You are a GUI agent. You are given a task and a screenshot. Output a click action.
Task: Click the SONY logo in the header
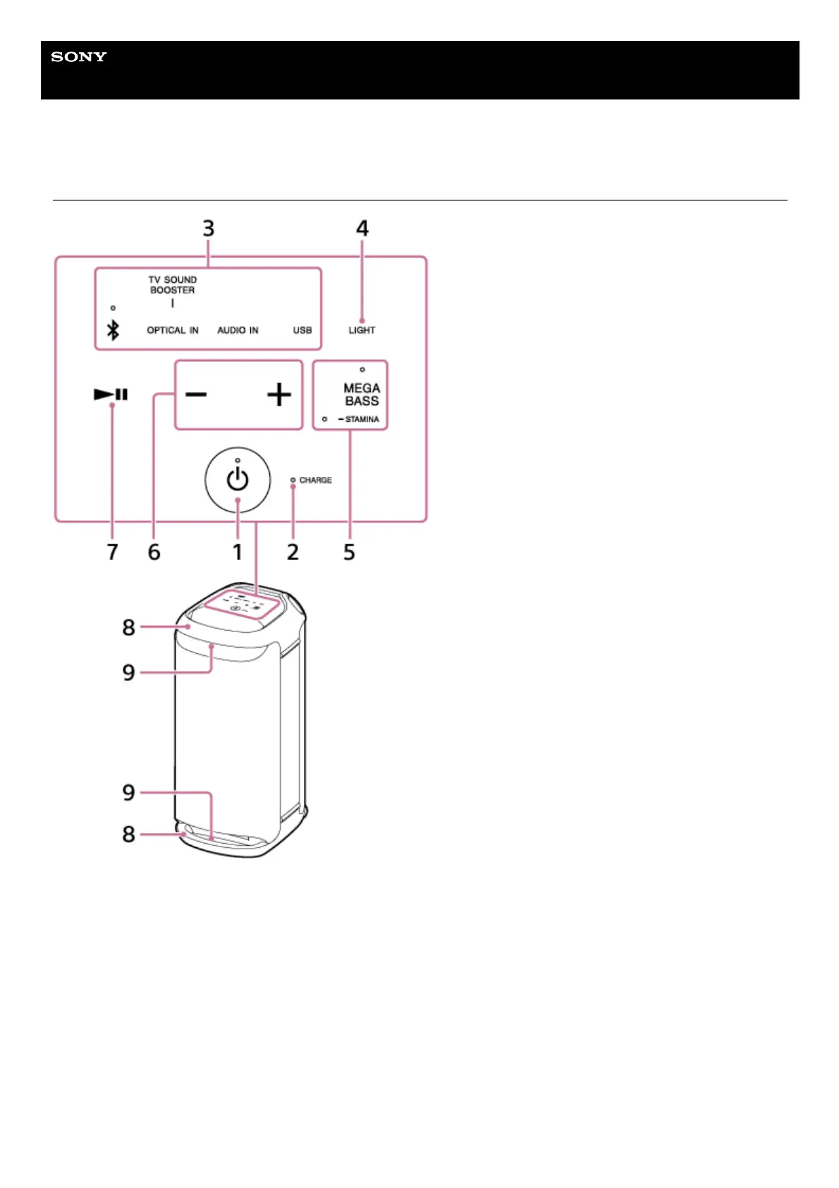coord(79,57)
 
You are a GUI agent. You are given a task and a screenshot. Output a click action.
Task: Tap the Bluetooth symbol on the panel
coord(113,329)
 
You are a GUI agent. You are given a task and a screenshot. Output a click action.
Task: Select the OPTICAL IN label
coord(173,330)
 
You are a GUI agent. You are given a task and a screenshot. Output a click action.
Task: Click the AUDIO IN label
coord(238,330)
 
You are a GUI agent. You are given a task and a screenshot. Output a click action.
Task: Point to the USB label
coord(302,330)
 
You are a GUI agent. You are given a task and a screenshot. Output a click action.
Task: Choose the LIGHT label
coord(362,330)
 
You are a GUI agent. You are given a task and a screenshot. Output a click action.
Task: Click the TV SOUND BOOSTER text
coord(173,285)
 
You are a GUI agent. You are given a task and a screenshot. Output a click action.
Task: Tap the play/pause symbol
coord(111,394)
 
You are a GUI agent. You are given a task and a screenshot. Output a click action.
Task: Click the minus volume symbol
coord(196,394)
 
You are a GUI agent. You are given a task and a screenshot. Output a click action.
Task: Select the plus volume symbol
coord(279,394)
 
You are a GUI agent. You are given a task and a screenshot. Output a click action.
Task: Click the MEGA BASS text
coord(362,394)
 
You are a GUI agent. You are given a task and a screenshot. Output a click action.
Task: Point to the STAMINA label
coord(362,419)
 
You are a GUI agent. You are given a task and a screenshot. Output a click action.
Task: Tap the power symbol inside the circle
coord(238,480)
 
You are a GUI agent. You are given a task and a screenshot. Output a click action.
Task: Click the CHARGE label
coord(315,480)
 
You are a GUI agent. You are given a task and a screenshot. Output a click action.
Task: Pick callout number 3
coord(208,229)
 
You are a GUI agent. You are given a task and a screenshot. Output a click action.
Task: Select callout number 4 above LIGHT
coord(362,229)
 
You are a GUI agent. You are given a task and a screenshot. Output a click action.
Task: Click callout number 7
coord(113,552)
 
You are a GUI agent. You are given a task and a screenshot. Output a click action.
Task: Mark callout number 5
coord(349,552)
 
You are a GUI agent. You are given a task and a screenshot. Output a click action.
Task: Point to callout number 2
coord(293,552)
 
